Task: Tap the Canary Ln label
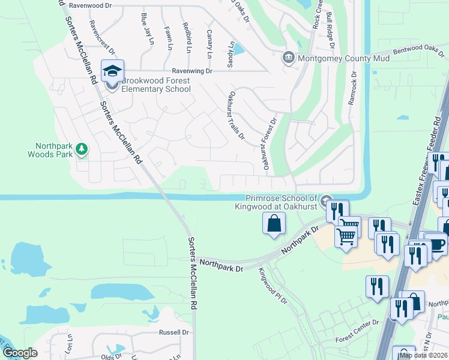209,44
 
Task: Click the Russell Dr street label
174,332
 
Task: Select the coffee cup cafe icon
436,245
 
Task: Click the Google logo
20,353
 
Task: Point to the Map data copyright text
423,355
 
